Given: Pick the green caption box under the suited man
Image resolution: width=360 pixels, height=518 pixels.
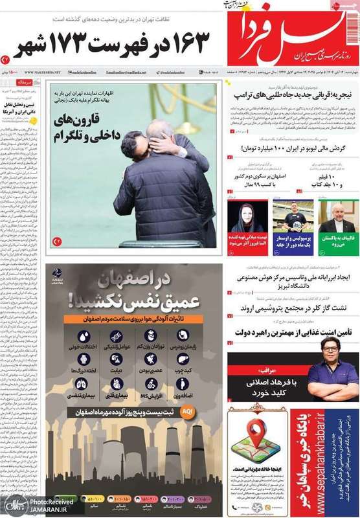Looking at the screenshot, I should [338, 242].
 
